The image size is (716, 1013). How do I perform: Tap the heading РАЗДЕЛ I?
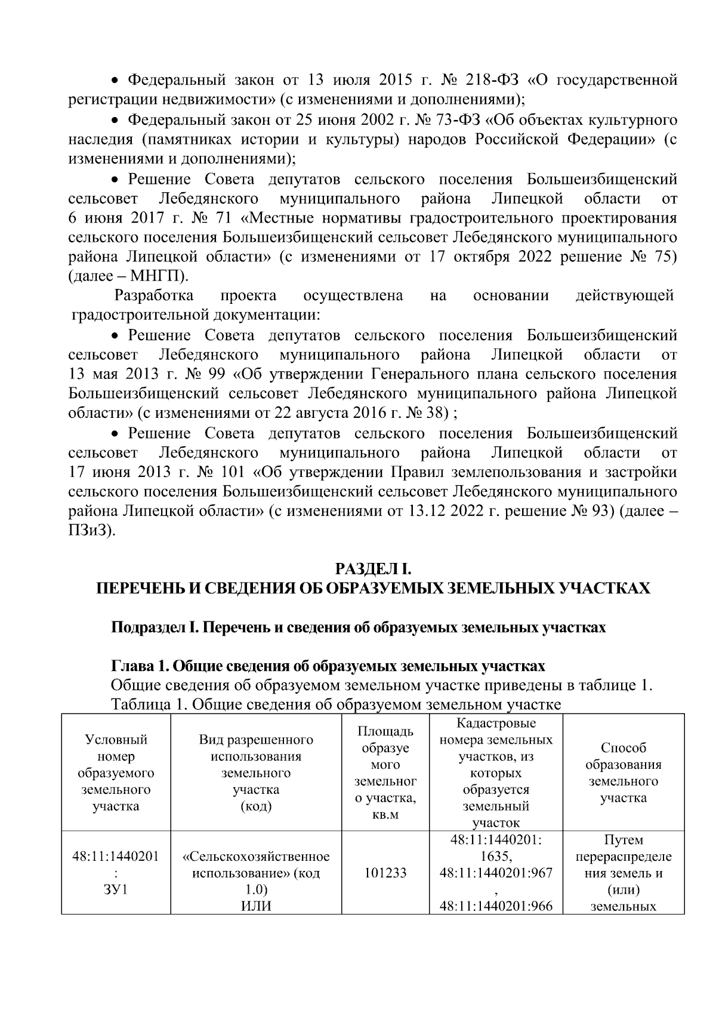371,567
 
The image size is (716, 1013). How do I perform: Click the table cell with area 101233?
385,873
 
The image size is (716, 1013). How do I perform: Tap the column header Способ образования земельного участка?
623,773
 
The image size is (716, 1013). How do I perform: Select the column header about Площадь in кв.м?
385,773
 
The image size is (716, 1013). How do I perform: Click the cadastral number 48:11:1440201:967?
496,873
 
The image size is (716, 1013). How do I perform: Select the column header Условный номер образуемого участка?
116,773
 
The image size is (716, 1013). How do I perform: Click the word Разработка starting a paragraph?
154,295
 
